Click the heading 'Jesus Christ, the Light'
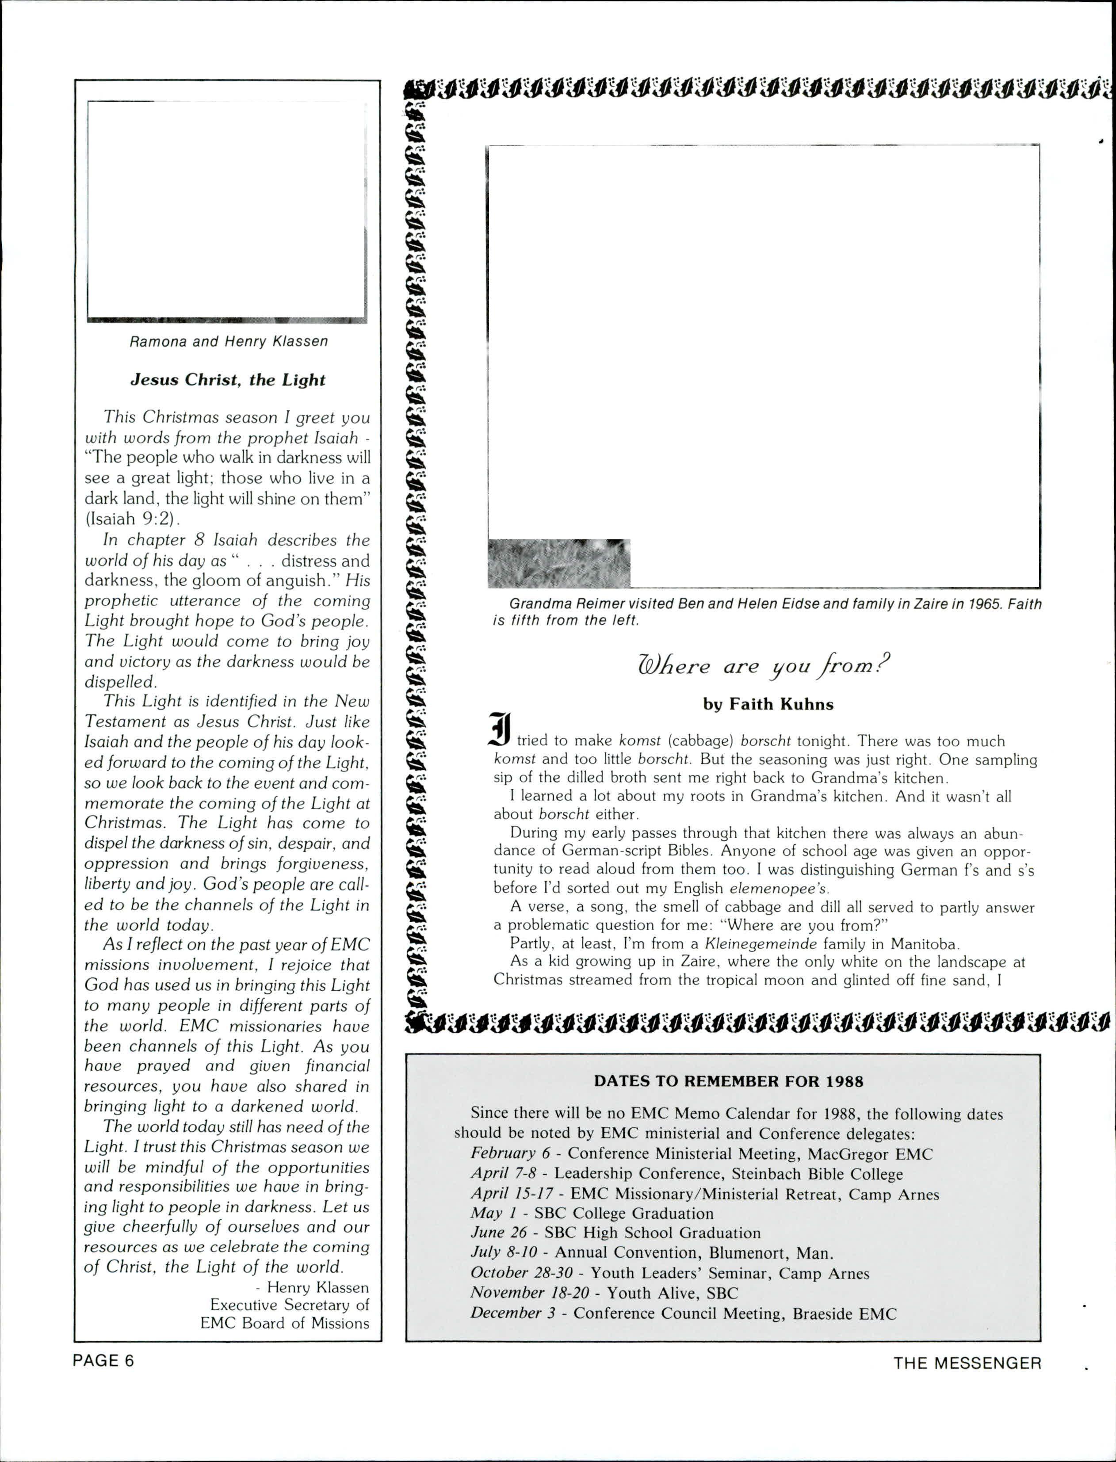227,380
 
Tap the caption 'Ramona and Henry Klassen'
228,341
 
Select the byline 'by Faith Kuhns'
768,704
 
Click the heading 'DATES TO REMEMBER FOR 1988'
728,1081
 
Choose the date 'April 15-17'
512,1194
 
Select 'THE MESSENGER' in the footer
967,1363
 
